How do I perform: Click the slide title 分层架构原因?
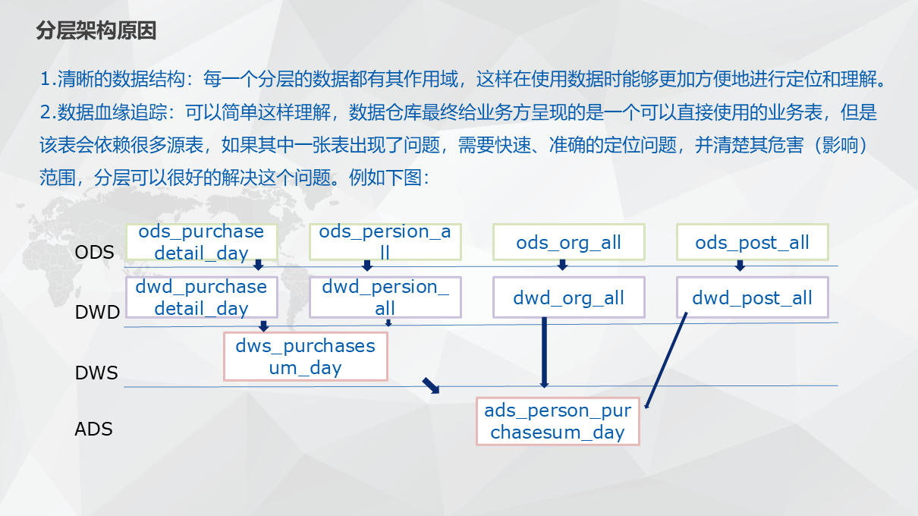(96, 31)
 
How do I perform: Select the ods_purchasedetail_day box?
(201, 242)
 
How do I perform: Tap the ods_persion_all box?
(385, 242)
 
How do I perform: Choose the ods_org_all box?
(568, 243)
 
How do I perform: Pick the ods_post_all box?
(752, 243)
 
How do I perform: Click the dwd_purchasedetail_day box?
(201, 297)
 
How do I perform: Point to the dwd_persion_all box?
(385, 297)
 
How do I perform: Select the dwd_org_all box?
(568, 297)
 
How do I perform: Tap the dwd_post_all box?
(752, 297)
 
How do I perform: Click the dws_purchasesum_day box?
(305, 357)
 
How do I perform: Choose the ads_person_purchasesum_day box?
(558, 421)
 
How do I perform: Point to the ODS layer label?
(95, 253)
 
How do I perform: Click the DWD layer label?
(98, 312)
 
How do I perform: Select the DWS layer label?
(96, 373)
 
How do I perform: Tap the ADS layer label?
(94, 429)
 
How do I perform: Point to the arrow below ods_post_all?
(740, 265)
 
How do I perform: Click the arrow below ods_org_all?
(562, 264)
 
